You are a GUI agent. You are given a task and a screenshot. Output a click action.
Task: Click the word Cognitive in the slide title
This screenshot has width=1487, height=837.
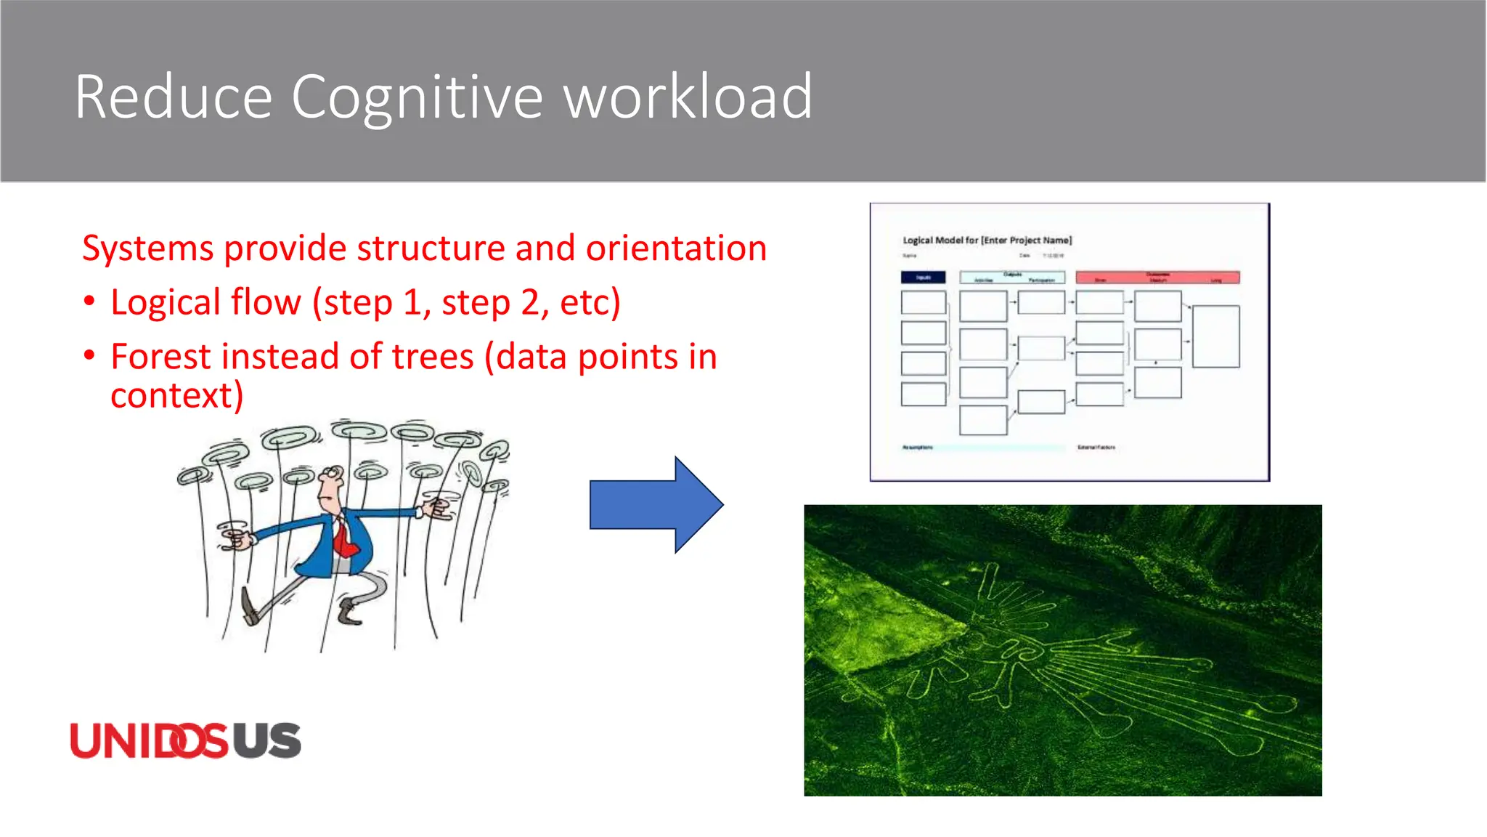click(x=417, y=97)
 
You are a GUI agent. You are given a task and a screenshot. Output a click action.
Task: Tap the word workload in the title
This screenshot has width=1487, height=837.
click(x=688, y=97)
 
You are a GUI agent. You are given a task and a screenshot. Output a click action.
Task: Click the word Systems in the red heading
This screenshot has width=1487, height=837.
click(x=148, y=249)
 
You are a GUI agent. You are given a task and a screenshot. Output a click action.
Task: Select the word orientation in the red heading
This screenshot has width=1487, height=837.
click(x=676, y=249)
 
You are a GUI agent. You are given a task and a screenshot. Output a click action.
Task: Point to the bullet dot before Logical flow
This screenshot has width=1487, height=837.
click(x=89, y=302)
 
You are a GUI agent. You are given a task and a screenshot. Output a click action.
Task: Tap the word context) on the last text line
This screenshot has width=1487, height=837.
click(x=176, y=396)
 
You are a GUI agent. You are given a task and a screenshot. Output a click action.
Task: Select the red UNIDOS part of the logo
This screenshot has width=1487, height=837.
click(x=149, y=741)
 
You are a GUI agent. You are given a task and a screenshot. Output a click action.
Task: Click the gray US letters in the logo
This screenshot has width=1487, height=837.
click(x=266, y=741)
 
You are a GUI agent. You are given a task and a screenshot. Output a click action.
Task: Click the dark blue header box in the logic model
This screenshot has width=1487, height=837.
click(x=923, y=278)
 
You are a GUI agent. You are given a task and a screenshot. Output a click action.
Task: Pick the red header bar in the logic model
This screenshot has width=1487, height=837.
click(x=1157, y=278)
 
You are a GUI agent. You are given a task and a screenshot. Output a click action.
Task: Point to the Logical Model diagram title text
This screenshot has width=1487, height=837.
click(x=987, y=240)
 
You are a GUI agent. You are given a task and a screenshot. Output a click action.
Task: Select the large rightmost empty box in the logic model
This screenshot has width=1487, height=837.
click(x=1215, y=336)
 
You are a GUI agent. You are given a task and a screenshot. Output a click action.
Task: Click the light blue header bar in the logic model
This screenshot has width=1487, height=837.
click(x=1012, y=278)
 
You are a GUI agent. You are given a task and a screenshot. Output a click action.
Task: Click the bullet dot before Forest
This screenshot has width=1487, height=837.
click(x=89, y=356)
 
